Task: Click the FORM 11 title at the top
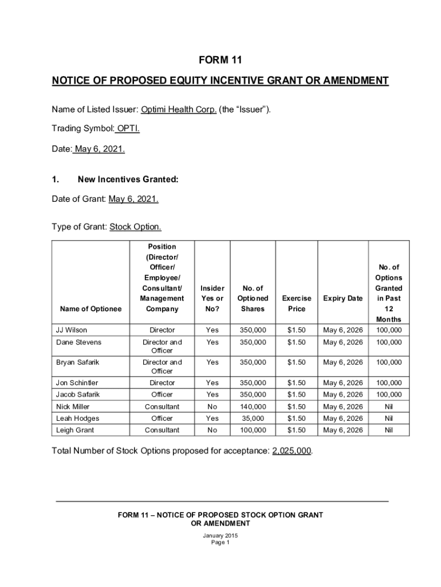point(220,60)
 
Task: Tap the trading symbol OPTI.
point(128,128)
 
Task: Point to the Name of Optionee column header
point(90,309)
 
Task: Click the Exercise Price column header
point(297,304)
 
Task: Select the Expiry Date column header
point(343,299)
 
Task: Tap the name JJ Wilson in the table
point(72,330)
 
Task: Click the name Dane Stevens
point(78,342)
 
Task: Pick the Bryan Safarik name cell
point(78,362)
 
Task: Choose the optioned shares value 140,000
point(253,406)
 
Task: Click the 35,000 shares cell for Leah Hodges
point(253,418)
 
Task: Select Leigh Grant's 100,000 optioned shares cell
point(253,430)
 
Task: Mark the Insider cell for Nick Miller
point(212,406)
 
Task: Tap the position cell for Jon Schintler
point(162,382)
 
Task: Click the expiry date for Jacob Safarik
point(343,394)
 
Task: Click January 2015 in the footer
point(220,535)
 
